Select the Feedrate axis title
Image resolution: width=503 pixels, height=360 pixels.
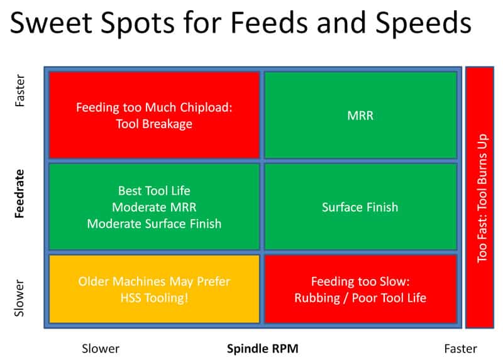click(20, 194)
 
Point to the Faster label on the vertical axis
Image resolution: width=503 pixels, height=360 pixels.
click(20, 90)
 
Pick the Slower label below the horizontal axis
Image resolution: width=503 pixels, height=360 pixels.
click(101, 348)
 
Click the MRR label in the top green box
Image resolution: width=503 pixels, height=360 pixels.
click(360, 116)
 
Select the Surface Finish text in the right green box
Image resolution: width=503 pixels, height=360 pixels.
click(360, 207)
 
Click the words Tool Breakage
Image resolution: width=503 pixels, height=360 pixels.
click(154, 124)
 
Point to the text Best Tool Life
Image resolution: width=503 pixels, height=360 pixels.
click(154, 190)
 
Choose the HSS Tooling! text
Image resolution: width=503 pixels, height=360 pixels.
click(154, 297)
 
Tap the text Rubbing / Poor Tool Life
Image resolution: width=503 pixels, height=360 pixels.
click(360, 297)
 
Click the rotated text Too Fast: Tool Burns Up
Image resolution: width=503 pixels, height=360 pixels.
click(483, 197)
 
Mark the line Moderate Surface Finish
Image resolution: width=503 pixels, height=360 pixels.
click(154, 223)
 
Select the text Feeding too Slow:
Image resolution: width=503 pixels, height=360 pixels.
click(360, 281)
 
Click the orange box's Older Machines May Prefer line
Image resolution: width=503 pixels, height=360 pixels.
click(154, 281)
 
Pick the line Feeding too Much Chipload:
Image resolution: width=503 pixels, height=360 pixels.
click(154, 107)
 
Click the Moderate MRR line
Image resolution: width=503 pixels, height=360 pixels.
click(154, 207)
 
